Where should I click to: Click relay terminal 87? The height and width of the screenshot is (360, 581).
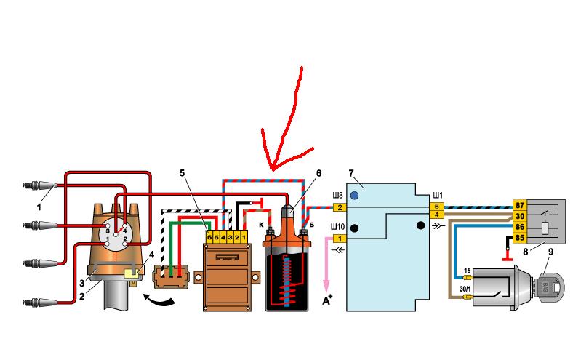click(x=520, y=205)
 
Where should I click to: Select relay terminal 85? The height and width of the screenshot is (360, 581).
click(x=520, y=237)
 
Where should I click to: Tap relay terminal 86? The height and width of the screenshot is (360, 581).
click(x=520, y=226)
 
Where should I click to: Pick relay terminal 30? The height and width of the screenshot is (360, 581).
click(x=520, y=216)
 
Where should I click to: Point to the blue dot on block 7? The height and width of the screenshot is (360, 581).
click(x=355, y=195)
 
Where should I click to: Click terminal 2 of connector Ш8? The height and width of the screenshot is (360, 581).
click(x=340, y=207)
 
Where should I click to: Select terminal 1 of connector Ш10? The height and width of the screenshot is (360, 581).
click(x=340, y=239)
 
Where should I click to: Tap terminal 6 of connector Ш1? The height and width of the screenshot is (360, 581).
click(x=437, y=207)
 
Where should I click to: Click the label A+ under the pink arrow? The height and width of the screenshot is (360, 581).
click(x=327, y=300)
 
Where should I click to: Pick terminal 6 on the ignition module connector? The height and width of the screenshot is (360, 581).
click(x=209, y=237)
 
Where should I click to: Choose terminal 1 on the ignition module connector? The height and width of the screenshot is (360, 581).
click(x=244, y=237)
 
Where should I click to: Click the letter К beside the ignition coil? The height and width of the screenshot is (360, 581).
click(x=261, y=224)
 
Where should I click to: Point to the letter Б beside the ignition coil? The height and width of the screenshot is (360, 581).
click(x=312, y=225)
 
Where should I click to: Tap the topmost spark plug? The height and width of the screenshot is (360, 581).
click(x=40, y=185)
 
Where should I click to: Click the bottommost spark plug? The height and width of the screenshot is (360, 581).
click(x=40, y=303)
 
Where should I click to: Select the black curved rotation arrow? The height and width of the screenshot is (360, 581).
click(x=159, y=299)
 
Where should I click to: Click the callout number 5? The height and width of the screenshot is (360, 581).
click(x=182, y=173)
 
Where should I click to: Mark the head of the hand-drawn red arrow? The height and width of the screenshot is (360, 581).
click(x=273, y=169)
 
